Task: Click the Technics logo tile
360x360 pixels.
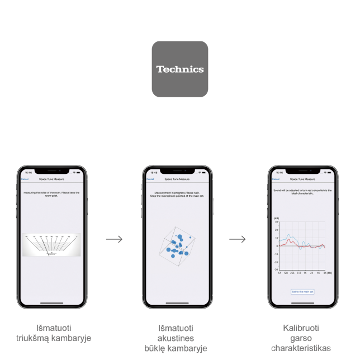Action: click(180, 69)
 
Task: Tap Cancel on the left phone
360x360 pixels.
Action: click(25, 179)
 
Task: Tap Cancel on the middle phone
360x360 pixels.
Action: click(150, 179)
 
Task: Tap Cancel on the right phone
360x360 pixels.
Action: click(276, 179)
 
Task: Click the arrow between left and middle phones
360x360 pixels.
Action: click(114, 239)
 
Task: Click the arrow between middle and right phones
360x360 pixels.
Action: click(238, 239)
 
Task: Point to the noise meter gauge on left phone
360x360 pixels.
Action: click(52, 245)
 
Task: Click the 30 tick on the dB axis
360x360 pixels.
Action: click(277, 222)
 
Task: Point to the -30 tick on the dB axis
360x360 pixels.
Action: click(276, 269)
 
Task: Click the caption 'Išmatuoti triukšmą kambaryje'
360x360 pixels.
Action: click(54, 334)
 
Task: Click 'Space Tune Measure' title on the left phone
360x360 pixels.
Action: click(51, 179)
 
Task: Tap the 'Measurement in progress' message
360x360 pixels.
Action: click(177, 195)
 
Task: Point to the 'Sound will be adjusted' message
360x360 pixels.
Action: click(302, 192)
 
